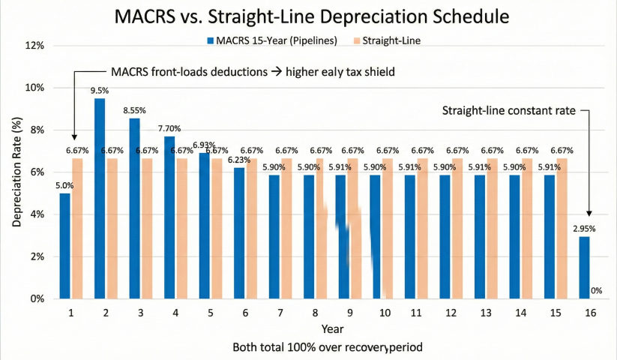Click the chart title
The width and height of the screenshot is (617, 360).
307,16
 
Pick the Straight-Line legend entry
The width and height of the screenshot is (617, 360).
389,41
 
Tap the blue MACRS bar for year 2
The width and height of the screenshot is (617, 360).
100,199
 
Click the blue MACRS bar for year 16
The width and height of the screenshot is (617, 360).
584,268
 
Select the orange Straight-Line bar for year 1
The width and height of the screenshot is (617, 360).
77,228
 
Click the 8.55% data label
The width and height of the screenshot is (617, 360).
135,111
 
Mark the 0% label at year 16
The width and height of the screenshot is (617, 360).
598,291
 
